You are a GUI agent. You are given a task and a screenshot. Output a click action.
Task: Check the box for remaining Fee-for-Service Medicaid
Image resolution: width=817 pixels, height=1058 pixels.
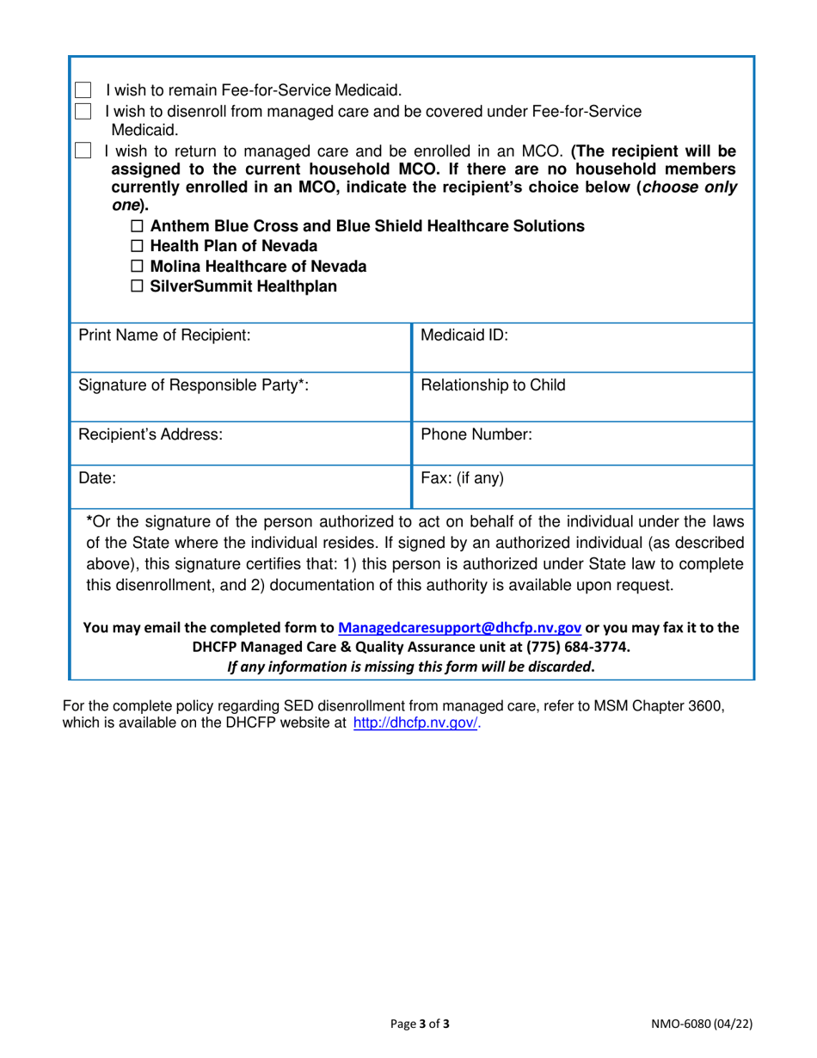[x=83, y=90]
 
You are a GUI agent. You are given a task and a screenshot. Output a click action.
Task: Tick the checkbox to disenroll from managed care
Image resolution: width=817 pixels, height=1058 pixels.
[x=83, y=112]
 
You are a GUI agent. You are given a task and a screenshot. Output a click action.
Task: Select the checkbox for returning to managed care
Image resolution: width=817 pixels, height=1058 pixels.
[x=83, y=152]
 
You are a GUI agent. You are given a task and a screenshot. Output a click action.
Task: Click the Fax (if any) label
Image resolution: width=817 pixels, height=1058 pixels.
[x=462, y=478]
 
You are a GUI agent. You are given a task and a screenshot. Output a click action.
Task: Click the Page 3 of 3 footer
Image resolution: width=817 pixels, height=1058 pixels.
[x=420, y=1024]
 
